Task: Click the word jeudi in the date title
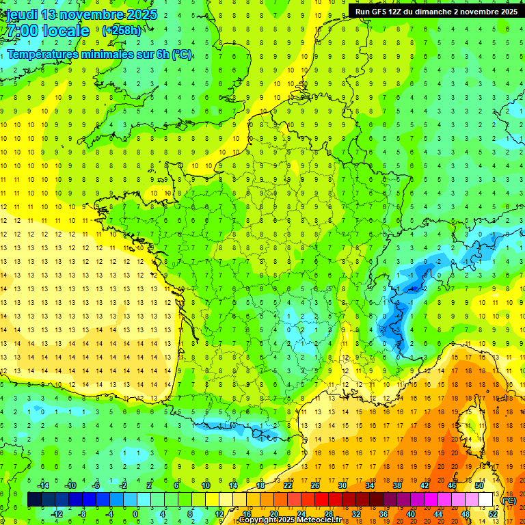(23, 14)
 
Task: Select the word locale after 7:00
(64, 31)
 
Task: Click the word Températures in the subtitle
(45, 55)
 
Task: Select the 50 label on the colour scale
(479, 485)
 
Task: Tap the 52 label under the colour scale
(493, 514)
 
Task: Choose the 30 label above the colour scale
(342, 485)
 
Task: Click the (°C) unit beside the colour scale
(509, 500)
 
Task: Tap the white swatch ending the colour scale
(486, 500)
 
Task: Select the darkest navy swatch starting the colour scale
(34, 500)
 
